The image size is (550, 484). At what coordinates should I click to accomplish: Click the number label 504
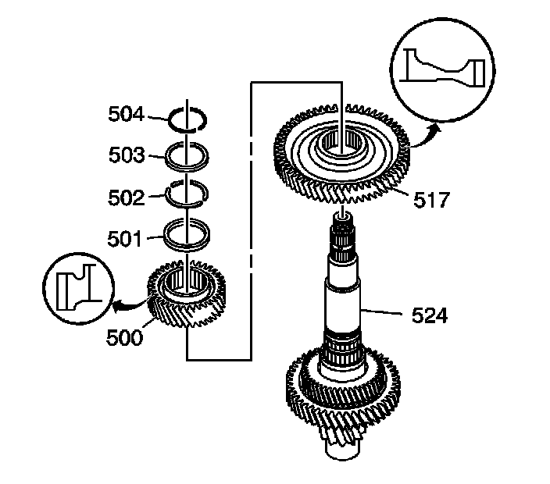pos(127,115)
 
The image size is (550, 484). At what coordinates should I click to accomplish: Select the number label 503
pos(127,156)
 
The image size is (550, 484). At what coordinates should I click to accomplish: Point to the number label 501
pos(127,239)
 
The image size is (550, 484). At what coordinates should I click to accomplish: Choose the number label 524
pos(432,315)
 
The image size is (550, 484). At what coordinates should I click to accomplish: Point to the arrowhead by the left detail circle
pos(115,308)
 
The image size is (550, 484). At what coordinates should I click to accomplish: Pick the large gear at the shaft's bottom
pos(344,386)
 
